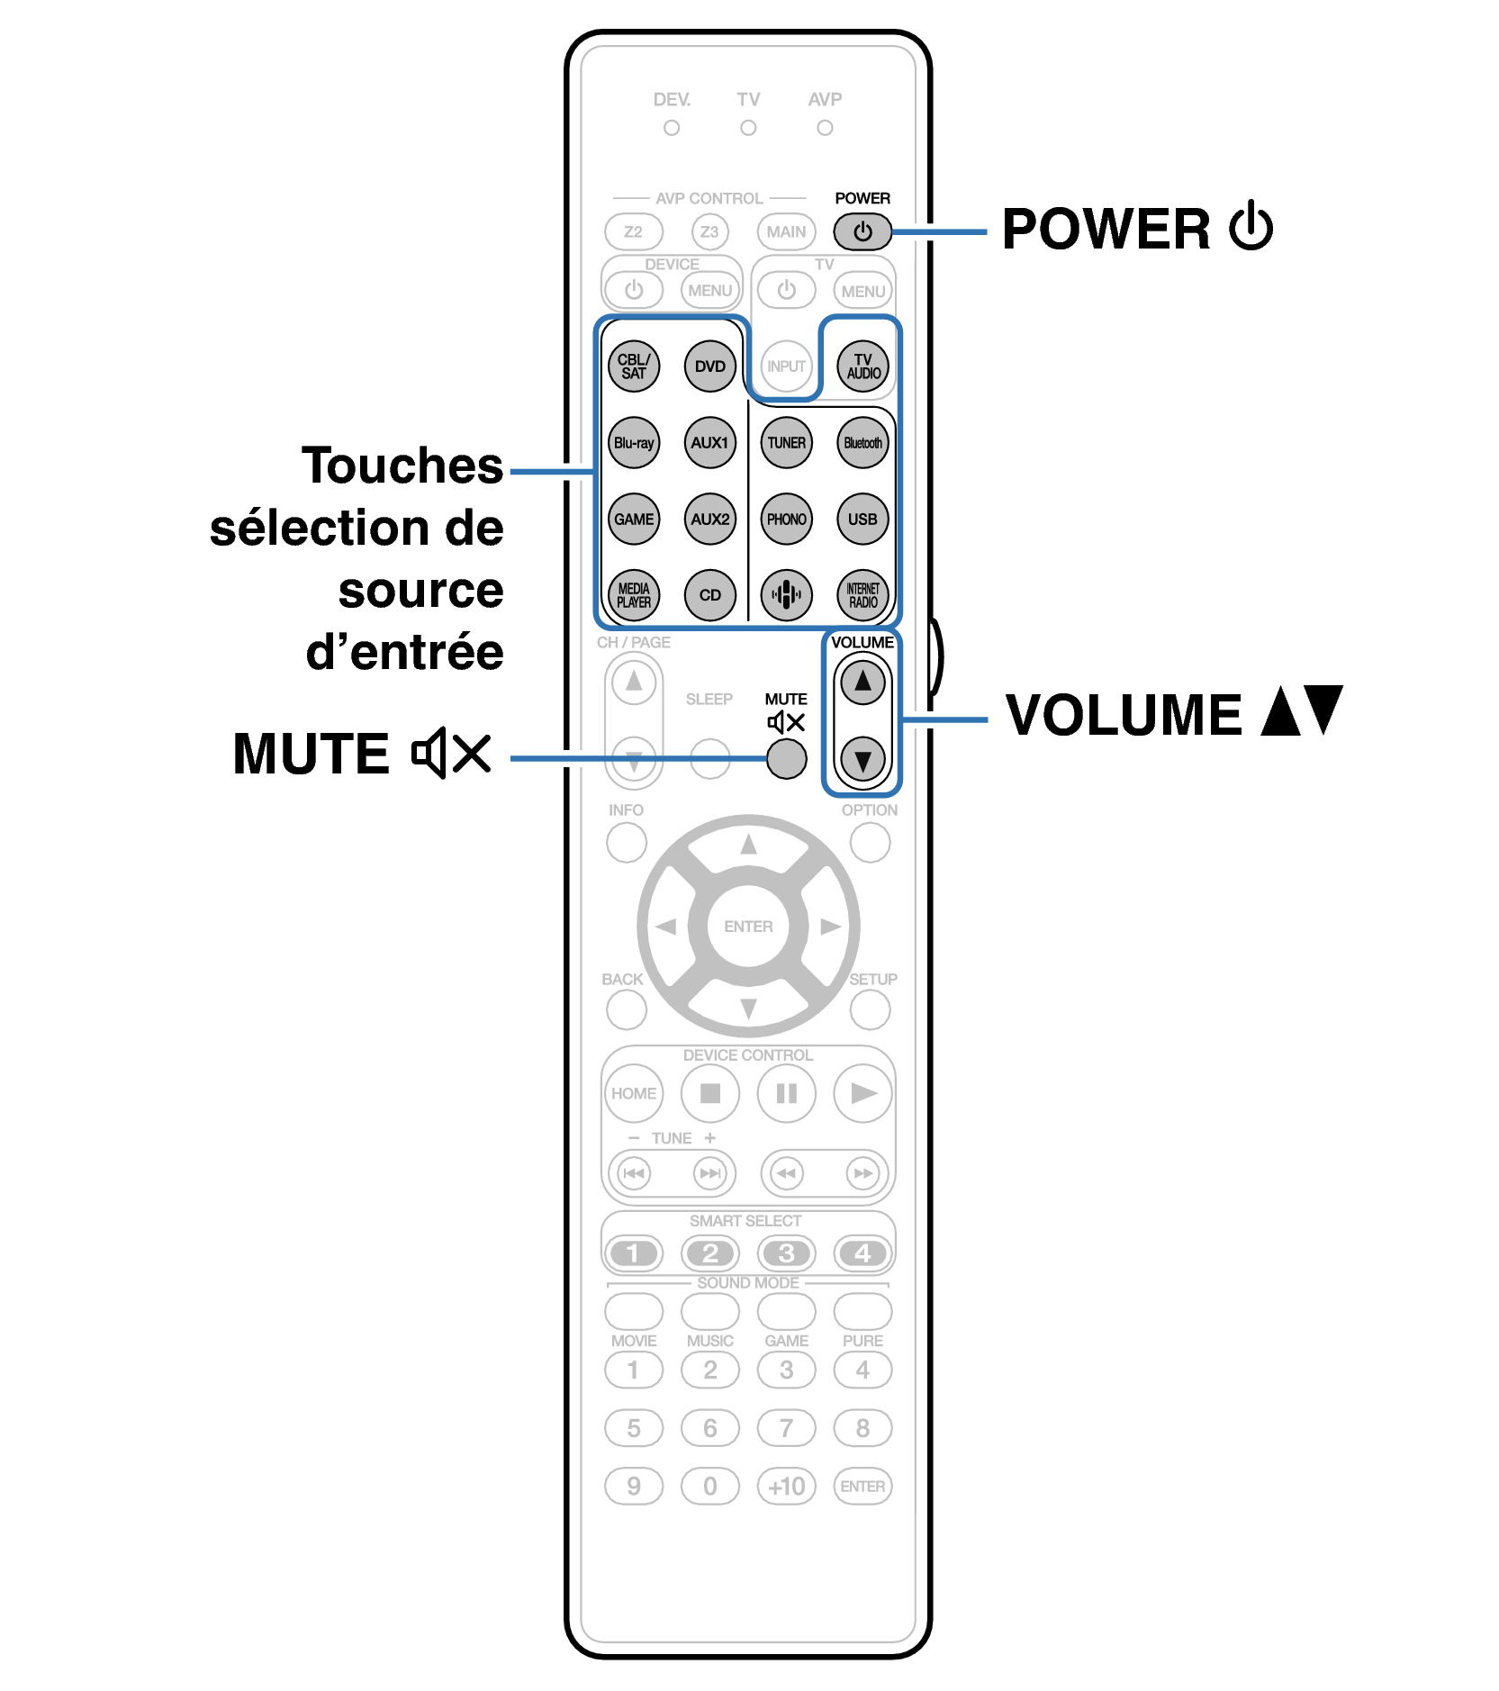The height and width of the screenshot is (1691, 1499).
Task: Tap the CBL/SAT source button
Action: click(x=634, y=366)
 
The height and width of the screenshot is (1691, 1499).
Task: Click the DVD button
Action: click(x=709, y=366)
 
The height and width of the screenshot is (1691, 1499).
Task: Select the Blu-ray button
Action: click(x=634, y=443)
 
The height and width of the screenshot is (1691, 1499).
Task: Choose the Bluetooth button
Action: click(x=862, y=443)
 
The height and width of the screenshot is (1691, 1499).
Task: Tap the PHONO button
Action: click(x=786, y=520)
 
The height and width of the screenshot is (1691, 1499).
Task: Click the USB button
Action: click(x=862, y=520)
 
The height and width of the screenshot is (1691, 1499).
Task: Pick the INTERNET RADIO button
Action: click(x=862, y=595)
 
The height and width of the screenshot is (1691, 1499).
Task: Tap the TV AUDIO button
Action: click(x=862, y=366)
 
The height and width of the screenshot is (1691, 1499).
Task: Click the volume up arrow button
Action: click(x=862, y=682)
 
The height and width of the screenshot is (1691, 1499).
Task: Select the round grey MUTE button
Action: click(x=786, y=758)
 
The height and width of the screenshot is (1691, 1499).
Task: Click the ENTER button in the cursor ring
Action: click(x=748, y=926)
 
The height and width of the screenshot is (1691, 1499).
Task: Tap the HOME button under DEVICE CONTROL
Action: click(x=634, y=1093)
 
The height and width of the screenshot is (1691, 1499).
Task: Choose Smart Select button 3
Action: click(x=786, y=1252)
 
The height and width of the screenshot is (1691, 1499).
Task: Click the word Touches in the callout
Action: click(x=402, y=466)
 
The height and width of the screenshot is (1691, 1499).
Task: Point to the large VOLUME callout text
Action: click(x=1124, y=716)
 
